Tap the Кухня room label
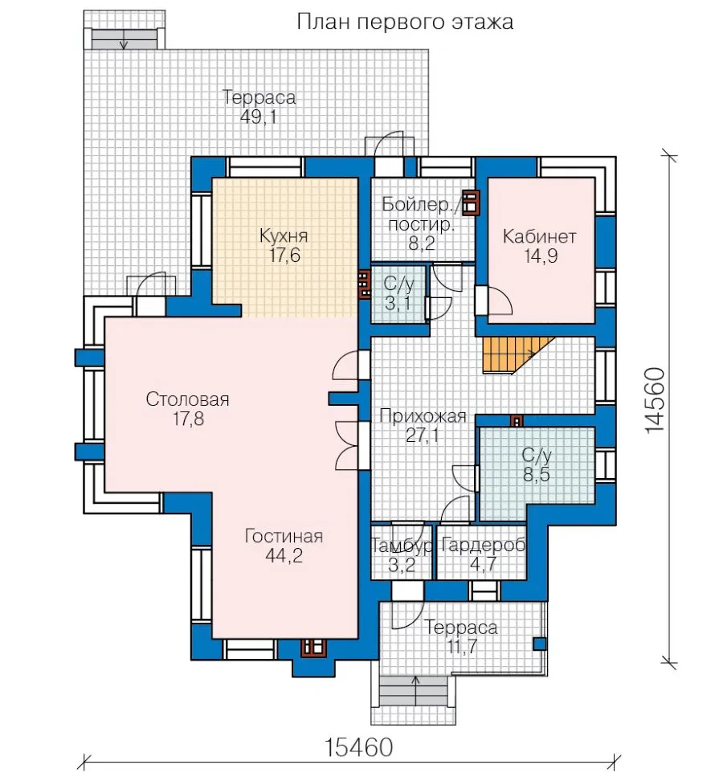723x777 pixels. [x=284, y=235]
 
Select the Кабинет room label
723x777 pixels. [x=539, y=236]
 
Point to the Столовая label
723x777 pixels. [x=187, y=399]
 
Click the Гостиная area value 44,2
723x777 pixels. [x=284, y=556]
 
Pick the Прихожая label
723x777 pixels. [x=423, y=416]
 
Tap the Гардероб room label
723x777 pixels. [x=483, y=545]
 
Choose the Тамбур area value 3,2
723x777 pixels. [x=402, y=564]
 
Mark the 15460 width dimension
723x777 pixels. [x=359, y=746]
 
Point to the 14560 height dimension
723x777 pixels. [x=655, y=400]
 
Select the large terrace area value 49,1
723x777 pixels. [x=258, y=117]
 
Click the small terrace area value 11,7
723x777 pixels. [x=462, y=647]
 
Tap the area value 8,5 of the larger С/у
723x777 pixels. [x=537, y=475]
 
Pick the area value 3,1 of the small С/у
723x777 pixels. [x=398, y=303]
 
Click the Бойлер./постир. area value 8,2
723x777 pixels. [x=422, y=243]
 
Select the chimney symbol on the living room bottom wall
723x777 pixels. [x=313, y=647]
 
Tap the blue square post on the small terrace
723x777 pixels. [x=539, y=644]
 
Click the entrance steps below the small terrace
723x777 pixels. [x=416, y=690]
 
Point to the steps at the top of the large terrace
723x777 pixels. [x=125, y=39]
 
